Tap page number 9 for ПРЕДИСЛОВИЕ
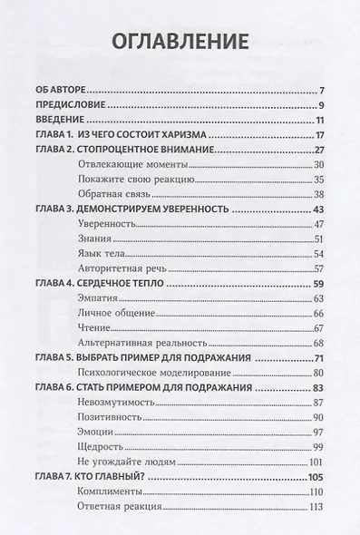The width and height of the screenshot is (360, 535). tap(320, 107)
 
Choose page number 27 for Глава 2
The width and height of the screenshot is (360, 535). tap(318, 149)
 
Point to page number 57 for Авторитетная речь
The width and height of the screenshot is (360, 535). tap(318, 268)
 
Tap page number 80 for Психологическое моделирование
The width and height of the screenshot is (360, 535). tap(318, 373)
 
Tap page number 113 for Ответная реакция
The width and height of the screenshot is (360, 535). tap(316, 507)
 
